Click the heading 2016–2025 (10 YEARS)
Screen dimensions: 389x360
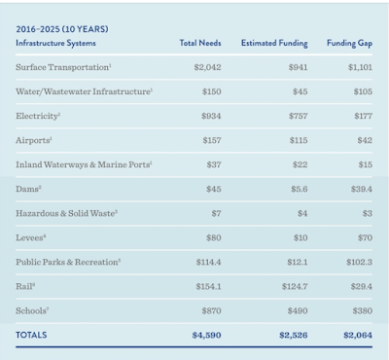point(62,29)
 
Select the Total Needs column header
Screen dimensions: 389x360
point(200,43)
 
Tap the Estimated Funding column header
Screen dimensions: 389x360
point(274,43)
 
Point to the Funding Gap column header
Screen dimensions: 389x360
point(349,43)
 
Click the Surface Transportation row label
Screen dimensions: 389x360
point(63,67)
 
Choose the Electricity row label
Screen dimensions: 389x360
point(38,116)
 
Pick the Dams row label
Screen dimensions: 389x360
point(28,189)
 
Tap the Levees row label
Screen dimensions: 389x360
point(31,237)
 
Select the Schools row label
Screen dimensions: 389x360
point(32,310)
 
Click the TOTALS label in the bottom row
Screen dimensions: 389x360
point(31,335)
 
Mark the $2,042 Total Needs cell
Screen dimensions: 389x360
point(207,67)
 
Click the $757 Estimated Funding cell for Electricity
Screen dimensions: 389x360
point(299,116)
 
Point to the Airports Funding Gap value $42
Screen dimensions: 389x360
point(365,140)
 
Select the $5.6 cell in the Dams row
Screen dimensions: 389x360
point(300,189)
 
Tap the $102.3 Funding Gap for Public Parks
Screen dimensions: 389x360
point(359,262)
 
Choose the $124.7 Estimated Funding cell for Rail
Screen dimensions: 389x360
point(295,286)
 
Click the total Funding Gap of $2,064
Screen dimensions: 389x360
point(358,335)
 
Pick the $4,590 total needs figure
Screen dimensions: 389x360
point(206,335)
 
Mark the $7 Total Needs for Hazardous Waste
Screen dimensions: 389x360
point(216,213)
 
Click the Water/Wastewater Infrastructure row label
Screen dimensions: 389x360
point(85,91)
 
